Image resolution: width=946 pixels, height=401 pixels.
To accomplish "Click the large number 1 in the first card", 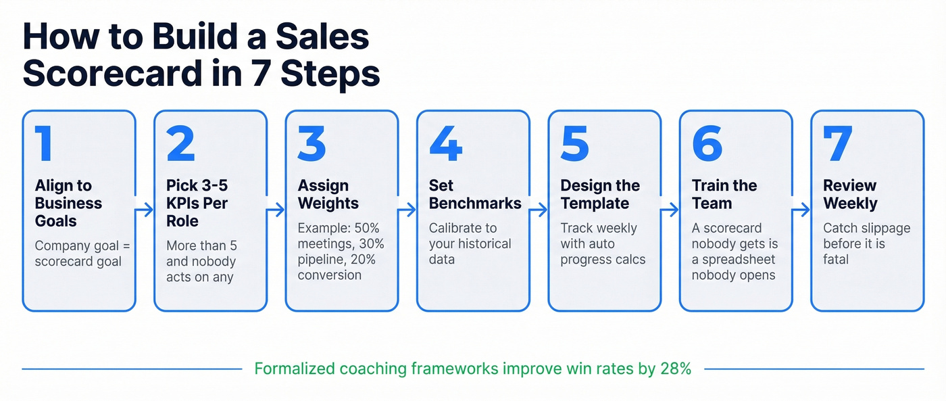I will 45,145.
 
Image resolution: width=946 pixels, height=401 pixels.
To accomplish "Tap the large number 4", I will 445,145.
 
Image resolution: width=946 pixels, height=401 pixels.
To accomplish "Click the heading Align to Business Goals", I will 68,204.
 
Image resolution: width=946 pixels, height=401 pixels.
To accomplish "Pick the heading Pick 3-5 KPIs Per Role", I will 197,204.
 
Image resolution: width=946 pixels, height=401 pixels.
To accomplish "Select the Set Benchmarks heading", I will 475,195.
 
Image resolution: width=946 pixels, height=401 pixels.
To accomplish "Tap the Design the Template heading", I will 600,195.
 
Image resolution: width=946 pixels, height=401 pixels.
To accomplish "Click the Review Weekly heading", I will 850,195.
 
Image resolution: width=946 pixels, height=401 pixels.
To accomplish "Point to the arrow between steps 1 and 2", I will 145,211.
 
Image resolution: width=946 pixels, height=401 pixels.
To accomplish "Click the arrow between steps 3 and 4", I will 407,211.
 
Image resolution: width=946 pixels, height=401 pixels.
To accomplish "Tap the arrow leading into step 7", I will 801,211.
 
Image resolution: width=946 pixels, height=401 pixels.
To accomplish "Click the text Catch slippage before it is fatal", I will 866,243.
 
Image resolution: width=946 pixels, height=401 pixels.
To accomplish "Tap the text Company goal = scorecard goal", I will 78,253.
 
